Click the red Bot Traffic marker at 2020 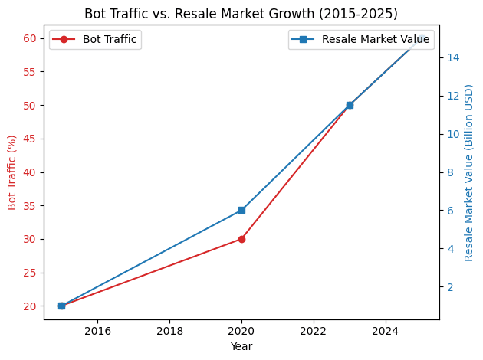242,239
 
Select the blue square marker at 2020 242,210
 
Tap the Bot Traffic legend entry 95,39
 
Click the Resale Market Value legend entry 361,39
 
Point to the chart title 241,14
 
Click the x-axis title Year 242,346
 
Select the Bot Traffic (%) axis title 12,172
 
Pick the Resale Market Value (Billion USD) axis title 469,172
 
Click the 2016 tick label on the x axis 97,331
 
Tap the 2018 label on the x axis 169,331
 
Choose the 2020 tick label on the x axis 242,331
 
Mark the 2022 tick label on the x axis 314,331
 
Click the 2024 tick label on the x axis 386,331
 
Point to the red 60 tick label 30,38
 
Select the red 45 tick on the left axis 30,139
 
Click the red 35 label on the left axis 30,206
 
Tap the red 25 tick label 30,273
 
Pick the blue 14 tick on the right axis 453,57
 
